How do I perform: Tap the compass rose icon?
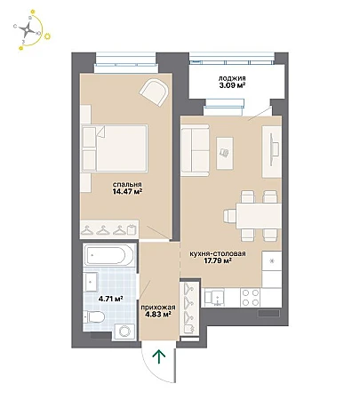click(28, 29)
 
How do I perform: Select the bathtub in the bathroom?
click(108, 255)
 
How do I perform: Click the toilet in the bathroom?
click(94, 317)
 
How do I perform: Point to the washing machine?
click(124, 331)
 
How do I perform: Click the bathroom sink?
click(92, 282)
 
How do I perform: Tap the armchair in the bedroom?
click(155, 92)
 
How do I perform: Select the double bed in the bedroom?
click(115, 148)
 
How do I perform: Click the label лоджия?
click(232, 78)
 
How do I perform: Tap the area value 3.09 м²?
click(232, 85)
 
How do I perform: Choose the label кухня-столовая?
click(218, 254)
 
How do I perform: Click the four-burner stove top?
click(251, 298)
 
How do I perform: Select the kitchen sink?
click(214, 297)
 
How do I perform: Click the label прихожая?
click(158, 308)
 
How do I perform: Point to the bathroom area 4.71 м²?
click(111, 299)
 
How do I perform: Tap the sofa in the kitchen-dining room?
click(196, 148)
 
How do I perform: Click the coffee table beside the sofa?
click(225, 153)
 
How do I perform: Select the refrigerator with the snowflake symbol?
click(272, 260)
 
